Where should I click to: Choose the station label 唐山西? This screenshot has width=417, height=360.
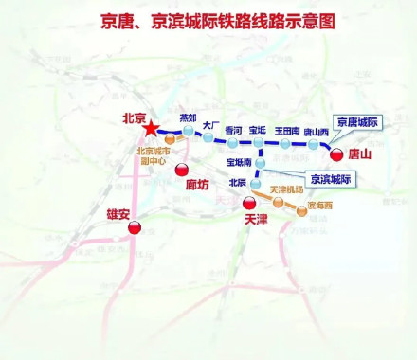click(316, 132)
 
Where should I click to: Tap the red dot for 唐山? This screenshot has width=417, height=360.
click(335, 153)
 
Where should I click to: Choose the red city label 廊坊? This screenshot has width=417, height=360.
click(197, 185)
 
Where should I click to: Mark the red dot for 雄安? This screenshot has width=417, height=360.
click(135, 227)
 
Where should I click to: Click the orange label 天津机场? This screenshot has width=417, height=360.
click(287, 191)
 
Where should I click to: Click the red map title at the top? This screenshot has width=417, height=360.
click(208, 20)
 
